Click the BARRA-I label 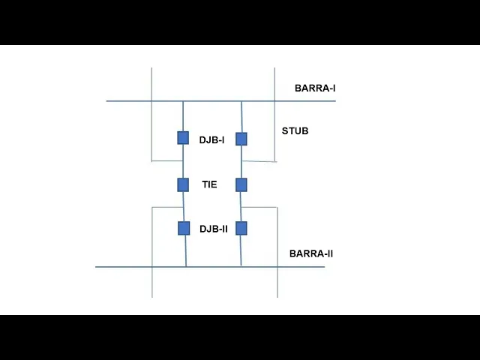(x=315, y=88)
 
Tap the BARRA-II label (x=311, y=253)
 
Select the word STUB (x=295, y=131)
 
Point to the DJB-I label (x=211, y=139)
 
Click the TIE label (x=209, y=184)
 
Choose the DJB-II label (x=213, y=229)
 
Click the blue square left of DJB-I (x=183, y=138)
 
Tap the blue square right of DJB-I (x=241, y=139)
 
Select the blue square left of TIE (x=183, y=184)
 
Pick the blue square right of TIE (x=241, y=184)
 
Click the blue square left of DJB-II (x=184, y=228)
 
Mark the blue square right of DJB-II (x=241, y=228)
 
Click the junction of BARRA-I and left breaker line (x=183, y=101)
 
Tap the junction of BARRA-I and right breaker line (x=241, y=101)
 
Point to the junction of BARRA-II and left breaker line (x=185, y=266)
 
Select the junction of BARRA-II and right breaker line (x=241, y=266)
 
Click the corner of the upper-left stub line (x=152, y=160)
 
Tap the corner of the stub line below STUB (x=275, y=160)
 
